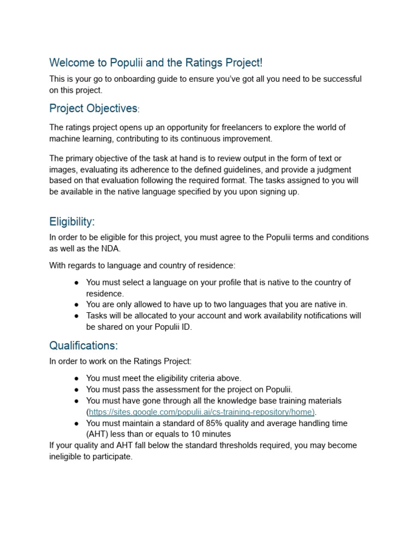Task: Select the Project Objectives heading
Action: click(93, 108)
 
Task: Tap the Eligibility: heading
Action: click(72, 222)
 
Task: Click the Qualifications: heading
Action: click(83, 345)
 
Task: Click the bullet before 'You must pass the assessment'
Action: click(77, 390)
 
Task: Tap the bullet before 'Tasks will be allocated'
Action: click(77, 316)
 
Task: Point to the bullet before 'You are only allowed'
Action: click(77, 305)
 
